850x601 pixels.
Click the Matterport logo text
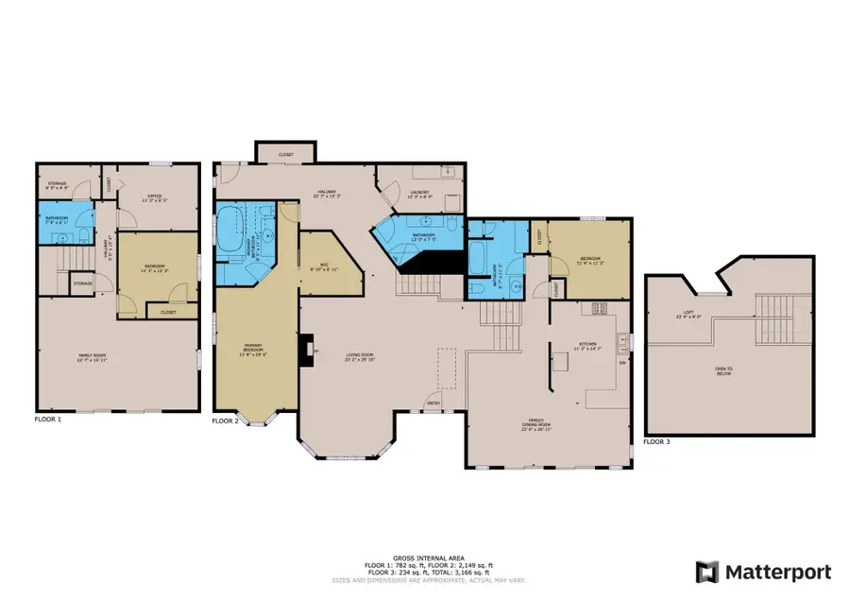coord(777,572)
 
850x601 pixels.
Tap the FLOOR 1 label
coord(47,419)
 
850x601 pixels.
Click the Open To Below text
coord(724,371)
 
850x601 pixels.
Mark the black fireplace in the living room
coord(306,351)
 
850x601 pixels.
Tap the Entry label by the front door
coord(434,404)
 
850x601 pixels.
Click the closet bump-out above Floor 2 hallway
coord(285,153)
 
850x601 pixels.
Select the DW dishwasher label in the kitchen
coord(621,362)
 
